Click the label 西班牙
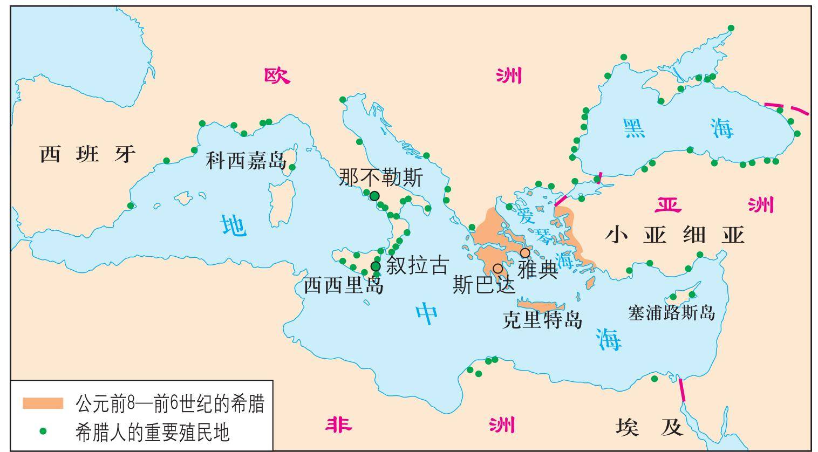(x=88, y=155)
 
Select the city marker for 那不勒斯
(x=374, y=196)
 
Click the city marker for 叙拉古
(x=376, y=266)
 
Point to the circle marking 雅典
(x=524, y=253)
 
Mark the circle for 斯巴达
(x=497, y=269)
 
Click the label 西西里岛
(x=344, y=285)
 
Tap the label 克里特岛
(x=542, y=320)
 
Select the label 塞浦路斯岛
(x=671, y=313)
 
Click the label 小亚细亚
(x=674, y=236)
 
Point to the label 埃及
(x=649, y=428)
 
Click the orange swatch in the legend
(x=43, y=403)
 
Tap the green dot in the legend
(x=43, y=431)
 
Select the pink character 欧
(x=277, y=76)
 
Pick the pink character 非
(x=339, y=426)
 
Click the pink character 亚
(x=668, y=205)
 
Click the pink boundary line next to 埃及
(x=682, y=389)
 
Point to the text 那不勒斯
(x=381, y=178)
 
